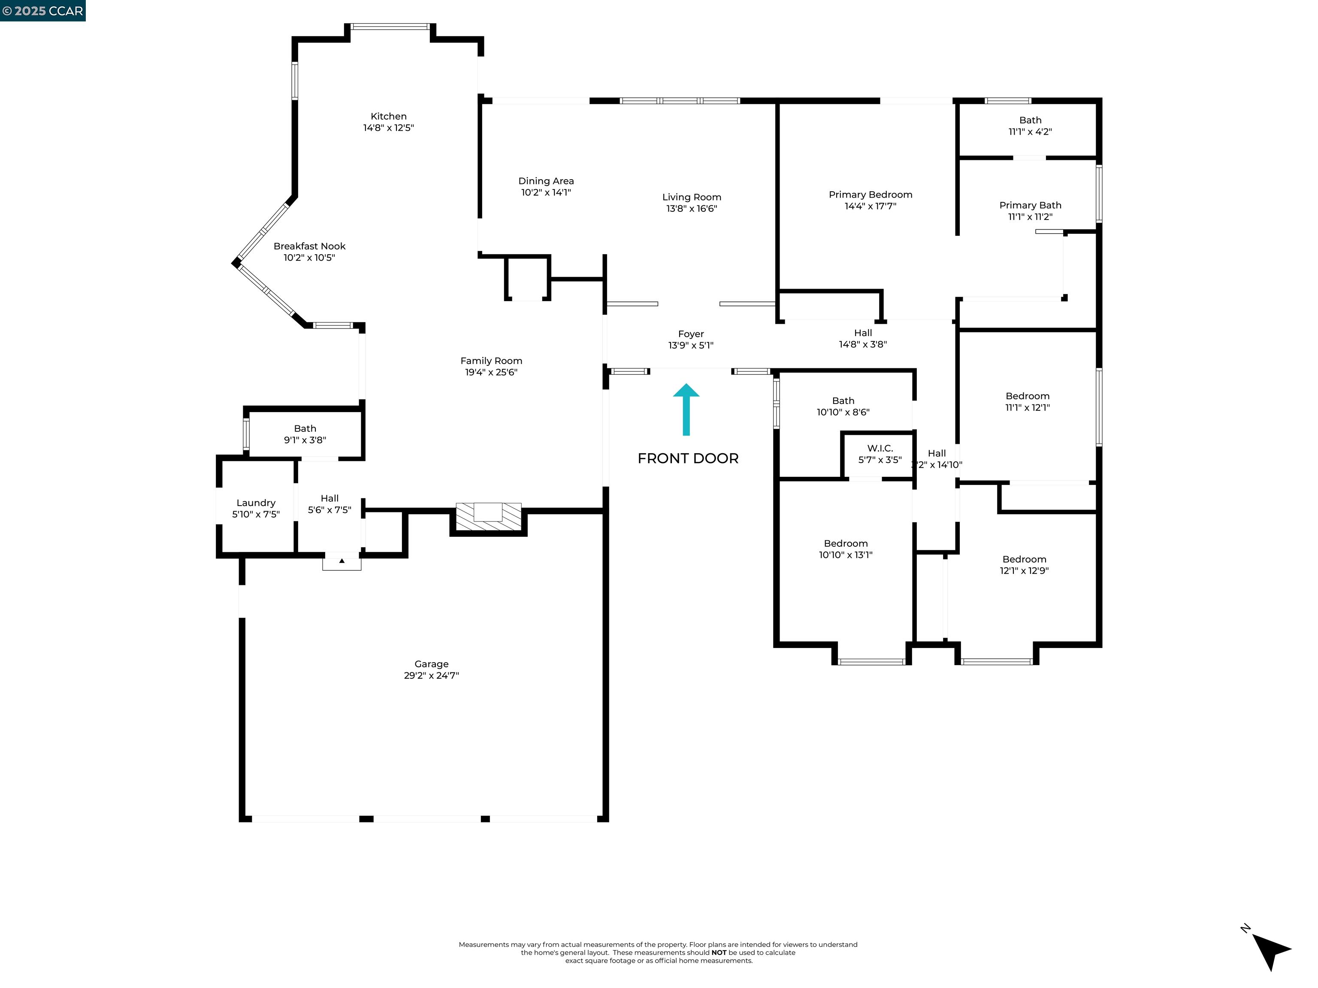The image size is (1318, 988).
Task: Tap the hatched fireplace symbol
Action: point(488,516)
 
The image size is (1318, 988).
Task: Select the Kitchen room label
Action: point(388,116)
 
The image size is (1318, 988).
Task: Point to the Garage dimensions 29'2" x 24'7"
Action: point(431,675)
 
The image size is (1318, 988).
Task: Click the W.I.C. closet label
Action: point(880,448)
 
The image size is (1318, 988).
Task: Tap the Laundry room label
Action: point(256,503)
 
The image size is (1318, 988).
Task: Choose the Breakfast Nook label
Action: point(309,246)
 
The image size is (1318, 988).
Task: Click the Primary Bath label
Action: point(1030,205)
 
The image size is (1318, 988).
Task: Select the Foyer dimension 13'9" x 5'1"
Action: point(691,345)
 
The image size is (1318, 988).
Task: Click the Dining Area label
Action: point(546,181)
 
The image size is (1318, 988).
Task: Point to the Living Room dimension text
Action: point(691,208)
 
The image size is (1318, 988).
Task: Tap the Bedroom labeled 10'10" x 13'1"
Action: point(846,543)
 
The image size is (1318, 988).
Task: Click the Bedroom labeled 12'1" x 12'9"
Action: point(1024,559)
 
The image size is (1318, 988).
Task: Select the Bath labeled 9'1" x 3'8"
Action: point(305,428)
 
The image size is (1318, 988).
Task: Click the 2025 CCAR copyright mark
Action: point(42,11)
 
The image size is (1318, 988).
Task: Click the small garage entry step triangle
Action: point(342,561)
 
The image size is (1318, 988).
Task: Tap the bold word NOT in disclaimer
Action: point(719,952)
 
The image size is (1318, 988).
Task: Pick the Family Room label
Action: point(491,360)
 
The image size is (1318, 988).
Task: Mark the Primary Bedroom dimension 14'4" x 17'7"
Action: point(870,206)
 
